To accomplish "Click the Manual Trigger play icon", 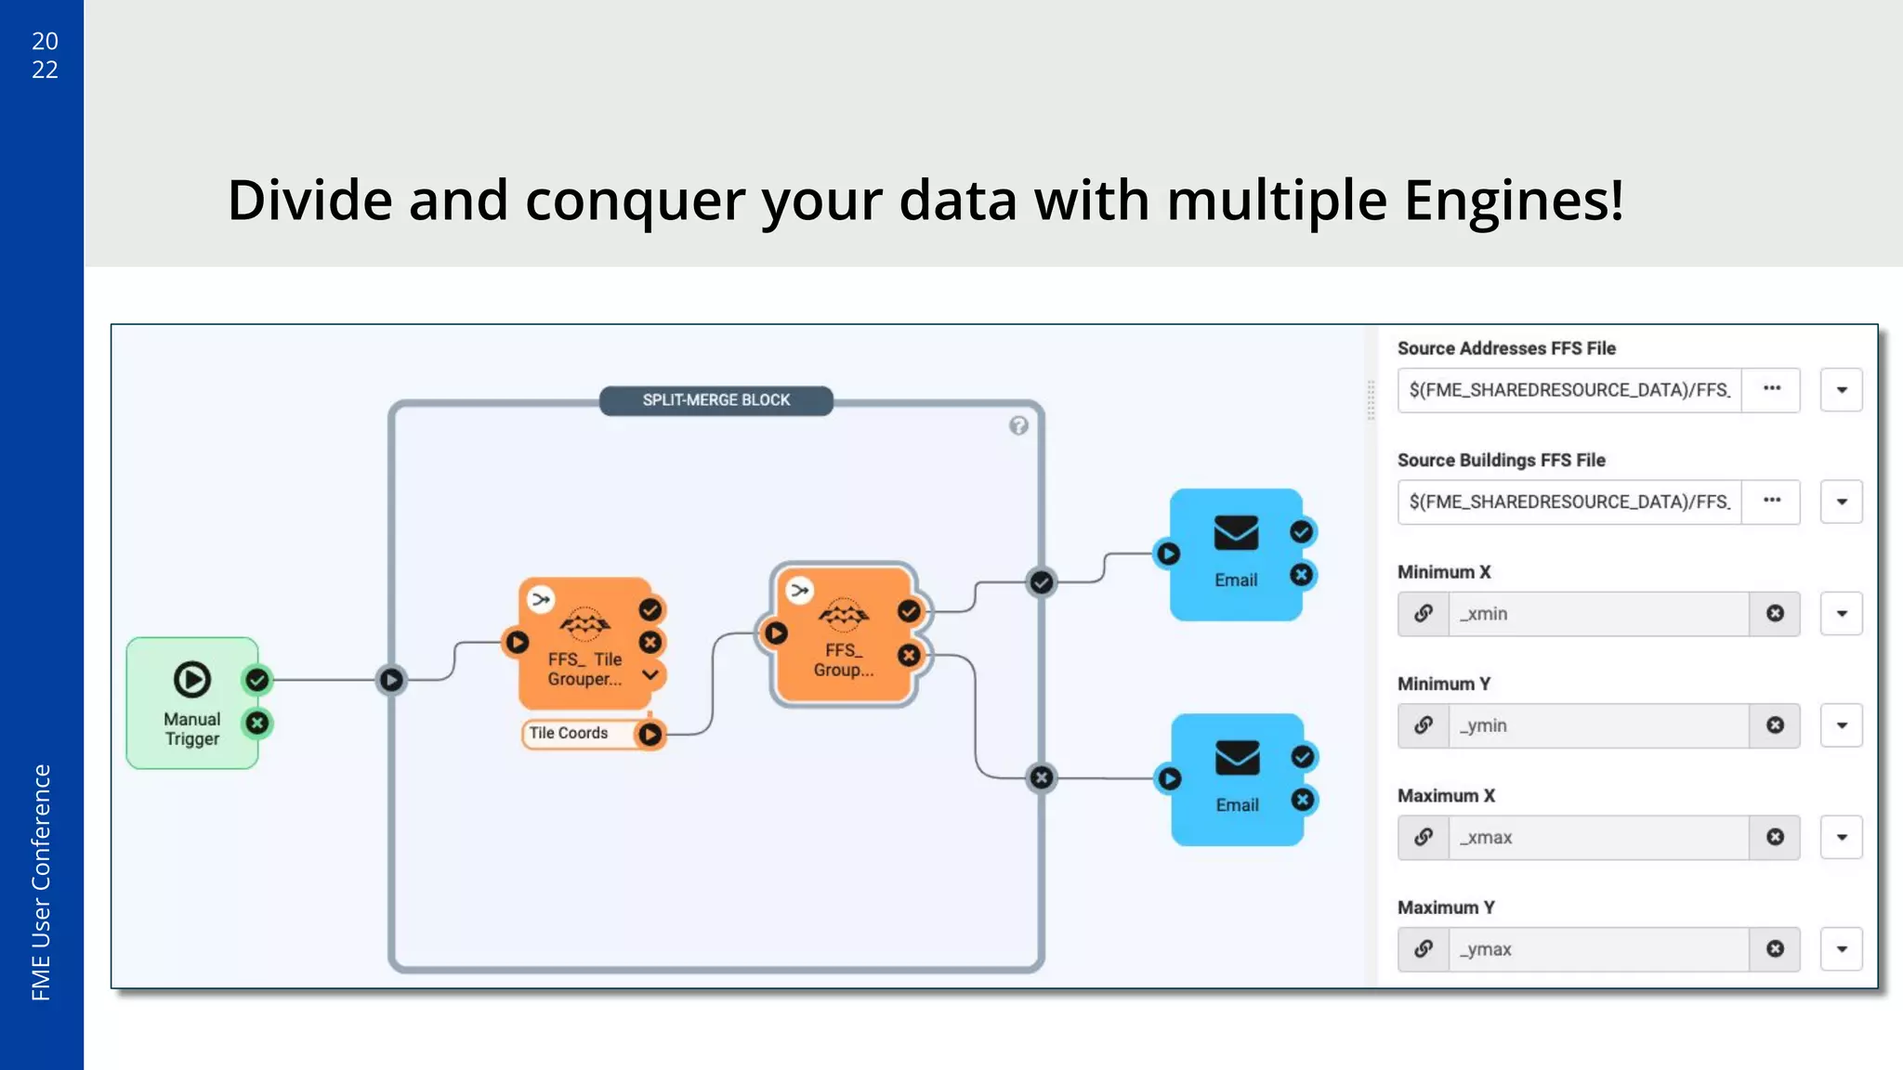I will (191, 679).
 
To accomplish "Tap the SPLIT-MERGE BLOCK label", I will (715, 400).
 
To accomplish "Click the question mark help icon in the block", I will (1018, 425).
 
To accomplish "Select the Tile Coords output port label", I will (569, 733).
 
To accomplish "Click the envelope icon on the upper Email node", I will (1236, 533).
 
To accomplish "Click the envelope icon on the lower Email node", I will (1237, 758).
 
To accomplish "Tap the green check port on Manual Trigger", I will (257, 680).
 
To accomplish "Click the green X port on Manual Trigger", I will (257, 723).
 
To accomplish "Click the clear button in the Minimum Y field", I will (1775, 725).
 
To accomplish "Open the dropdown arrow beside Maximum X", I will (1841, 838).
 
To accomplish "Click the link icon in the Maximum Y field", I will (1423, 949).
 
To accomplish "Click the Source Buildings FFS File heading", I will (1501, 460).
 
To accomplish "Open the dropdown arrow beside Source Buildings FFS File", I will (1841, 502).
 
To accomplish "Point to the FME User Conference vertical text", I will (41, 882).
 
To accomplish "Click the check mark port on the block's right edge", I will (1042, 582).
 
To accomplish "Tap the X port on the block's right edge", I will (1042, 777).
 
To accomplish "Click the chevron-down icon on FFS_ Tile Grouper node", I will (650, 674).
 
